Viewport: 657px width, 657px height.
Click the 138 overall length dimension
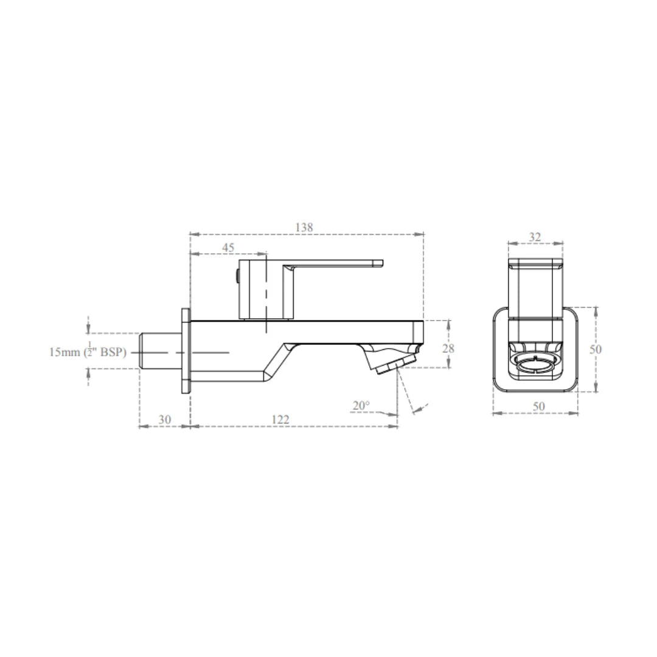[x=304, y=227]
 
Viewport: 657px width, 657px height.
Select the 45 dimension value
[x=228, y=248]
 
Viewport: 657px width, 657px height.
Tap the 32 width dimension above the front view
[x=535, y=237]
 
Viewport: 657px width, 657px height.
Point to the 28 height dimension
[x=448, y=349]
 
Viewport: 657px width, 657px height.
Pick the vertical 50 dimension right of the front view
[x=596, y=349]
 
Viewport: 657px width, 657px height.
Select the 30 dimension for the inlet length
[x=165, y=419]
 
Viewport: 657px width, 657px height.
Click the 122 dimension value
[x=280, y=419]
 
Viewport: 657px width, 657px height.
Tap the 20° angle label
[x=361, y=405]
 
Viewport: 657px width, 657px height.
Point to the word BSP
[x=113, y=352]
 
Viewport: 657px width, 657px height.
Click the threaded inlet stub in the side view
[x=159, y=352]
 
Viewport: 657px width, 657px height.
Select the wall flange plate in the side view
[x=186, y=352]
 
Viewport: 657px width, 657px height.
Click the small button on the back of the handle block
[x=236, y=277]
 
